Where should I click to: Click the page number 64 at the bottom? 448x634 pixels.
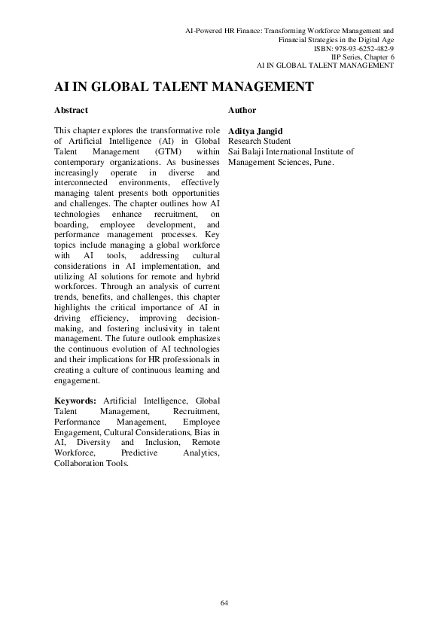point(224,602)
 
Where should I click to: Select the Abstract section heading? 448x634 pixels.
point(72,110)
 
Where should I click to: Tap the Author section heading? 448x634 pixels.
point(242,110)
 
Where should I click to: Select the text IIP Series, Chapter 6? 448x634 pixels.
point(362,56)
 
